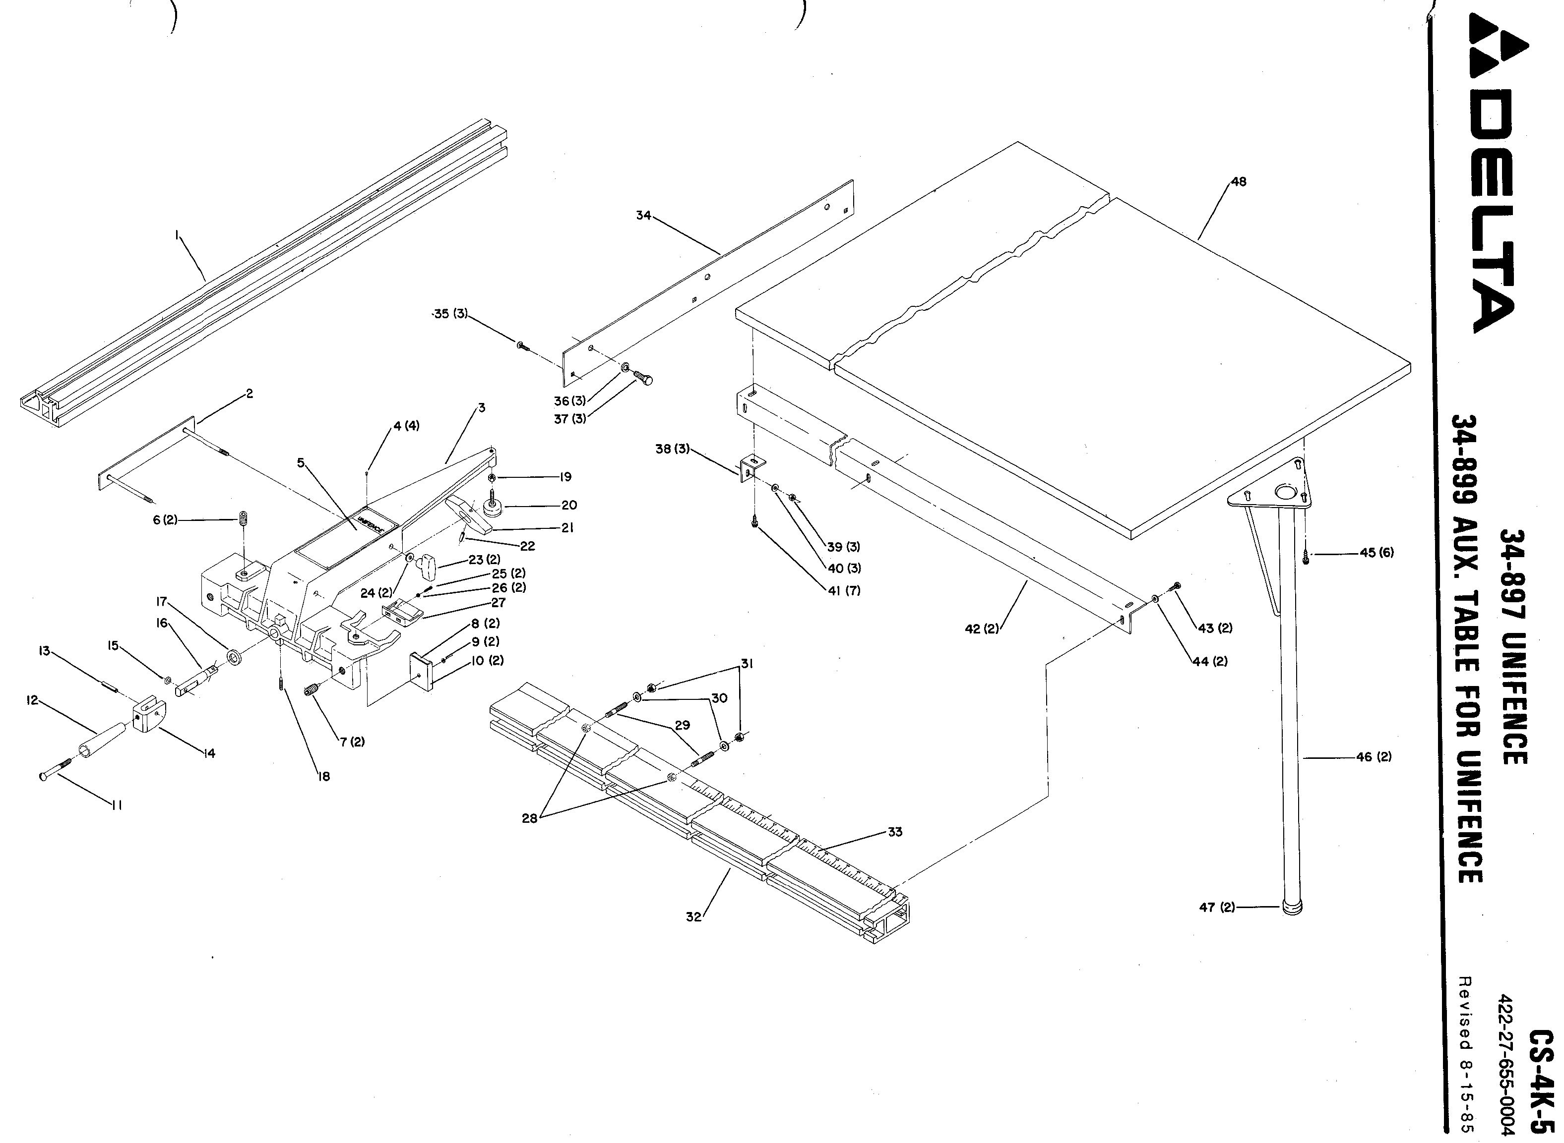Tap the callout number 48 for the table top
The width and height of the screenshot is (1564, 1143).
click(1238, 182)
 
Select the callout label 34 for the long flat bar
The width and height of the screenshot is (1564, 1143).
click(643, 215)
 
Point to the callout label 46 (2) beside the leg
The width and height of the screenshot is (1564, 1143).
click(1374, 757)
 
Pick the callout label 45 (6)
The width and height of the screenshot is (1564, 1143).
click(1376, 553)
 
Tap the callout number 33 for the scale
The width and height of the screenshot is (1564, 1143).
click(895, 832)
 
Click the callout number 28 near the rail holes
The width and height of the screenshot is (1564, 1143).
click(530, 818)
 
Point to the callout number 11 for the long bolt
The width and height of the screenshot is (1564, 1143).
click(116, 805)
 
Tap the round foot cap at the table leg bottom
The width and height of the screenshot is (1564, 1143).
click(1292, 909)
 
